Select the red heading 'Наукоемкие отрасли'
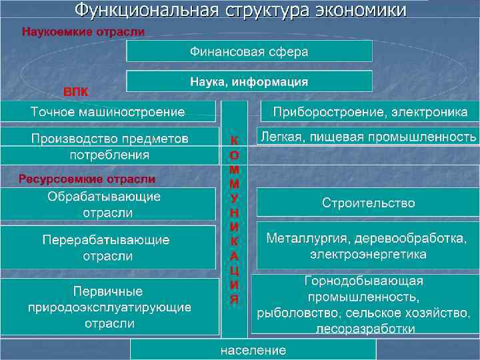[84, 31]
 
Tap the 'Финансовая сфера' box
[249, 51]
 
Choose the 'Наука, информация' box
[249, 81]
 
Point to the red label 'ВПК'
[75, 90]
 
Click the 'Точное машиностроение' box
[108, 111]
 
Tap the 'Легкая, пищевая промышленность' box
[368, 138]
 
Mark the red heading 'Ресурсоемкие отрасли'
[87, 179]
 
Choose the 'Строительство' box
[368, 203]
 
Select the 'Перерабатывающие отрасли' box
[108, 247]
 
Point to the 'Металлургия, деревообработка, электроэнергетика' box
[368, 246]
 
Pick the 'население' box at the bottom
[253, 350]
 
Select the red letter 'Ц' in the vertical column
[234, 271]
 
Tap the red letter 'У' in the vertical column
[234, 198]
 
